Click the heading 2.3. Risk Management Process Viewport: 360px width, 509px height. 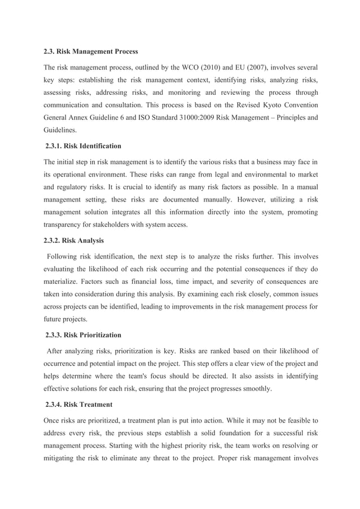91,52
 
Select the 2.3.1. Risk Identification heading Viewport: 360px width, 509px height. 83,146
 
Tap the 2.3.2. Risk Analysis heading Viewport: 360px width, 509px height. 74,240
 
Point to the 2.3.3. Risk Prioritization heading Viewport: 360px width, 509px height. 83,335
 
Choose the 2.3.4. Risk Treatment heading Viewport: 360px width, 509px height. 78,404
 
